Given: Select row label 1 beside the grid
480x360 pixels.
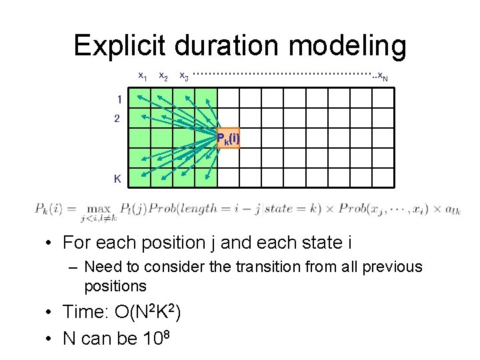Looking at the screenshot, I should point(118,99).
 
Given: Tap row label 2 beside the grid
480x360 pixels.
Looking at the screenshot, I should point(118,119).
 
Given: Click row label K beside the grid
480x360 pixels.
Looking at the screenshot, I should point(117,178).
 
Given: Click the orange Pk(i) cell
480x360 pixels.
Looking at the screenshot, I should point(228,138).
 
